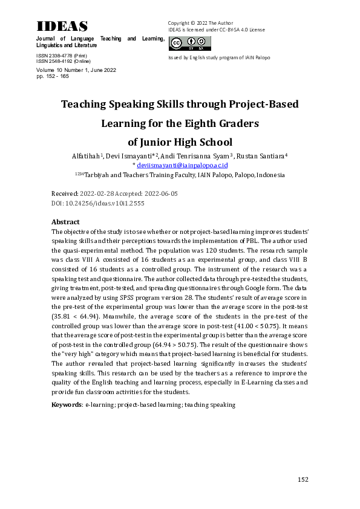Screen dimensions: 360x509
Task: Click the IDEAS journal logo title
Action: (62, 26)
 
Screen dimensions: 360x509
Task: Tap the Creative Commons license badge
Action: (189, 44)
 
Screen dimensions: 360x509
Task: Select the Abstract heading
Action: (66, 222)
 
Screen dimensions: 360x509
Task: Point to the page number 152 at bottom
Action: (303, 479)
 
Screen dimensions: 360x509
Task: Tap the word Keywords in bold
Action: (66, 404)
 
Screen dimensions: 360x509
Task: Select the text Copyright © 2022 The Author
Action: (200, 23)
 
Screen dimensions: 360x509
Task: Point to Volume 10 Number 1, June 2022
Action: (76, 70)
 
